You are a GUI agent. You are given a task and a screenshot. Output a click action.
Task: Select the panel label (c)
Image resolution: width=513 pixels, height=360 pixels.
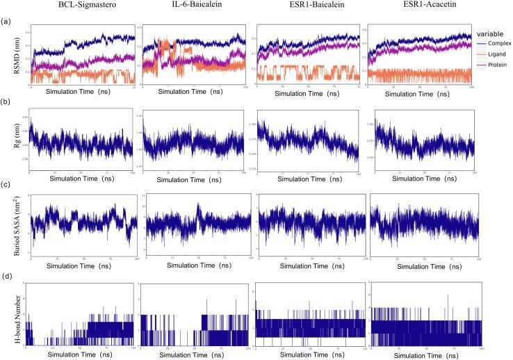coord(7,184)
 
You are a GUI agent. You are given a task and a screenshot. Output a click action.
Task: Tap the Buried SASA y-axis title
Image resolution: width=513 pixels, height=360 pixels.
coord(10,227)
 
